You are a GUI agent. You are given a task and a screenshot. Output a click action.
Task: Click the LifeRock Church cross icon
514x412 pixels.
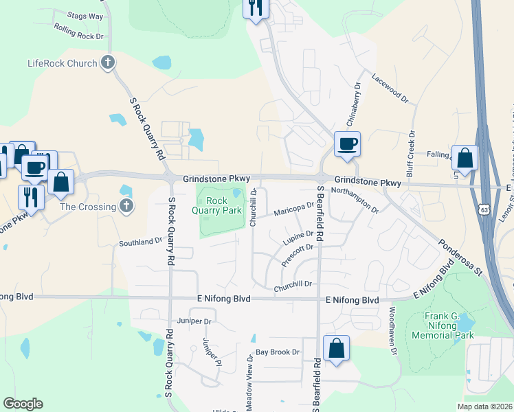(x=107, y=63)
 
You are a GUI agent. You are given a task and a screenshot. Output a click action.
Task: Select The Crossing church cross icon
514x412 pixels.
(x=126, y=206)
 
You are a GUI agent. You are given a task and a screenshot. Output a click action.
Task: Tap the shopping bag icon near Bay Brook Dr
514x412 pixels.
(x=337, y=348)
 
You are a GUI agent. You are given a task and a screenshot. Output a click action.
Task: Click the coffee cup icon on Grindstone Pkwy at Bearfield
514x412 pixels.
(x=346, y=145)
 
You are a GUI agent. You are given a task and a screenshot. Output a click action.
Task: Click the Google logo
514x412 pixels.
(x=23, y=404)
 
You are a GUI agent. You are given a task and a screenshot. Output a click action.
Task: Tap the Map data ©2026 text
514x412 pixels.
(x=484, y=407)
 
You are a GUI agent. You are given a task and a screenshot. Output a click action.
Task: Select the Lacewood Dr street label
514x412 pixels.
(x=390, y=89)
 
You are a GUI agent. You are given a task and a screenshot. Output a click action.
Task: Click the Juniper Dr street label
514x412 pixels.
(x=193, y=321)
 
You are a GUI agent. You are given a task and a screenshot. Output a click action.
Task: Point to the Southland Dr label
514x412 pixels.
(x=140, y=242)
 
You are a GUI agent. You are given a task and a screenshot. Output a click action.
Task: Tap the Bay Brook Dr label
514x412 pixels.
(x=278, y=352)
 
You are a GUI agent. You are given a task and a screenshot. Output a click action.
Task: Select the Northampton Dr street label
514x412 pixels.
(x=355, y=199)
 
